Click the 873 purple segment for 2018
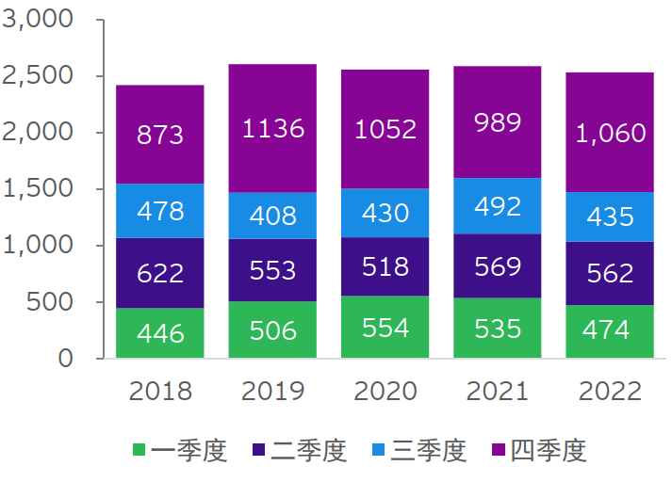pos(159,135)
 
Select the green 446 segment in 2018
pos(159,332)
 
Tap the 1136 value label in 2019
pos(272,128)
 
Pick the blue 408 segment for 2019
pos(272,216)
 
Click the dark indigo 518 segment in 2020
pos(385,266)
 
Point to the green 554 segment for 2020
pos(385,327)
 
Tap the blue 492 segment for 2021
pos(498,206)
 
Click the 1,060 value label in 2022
pos(611,133)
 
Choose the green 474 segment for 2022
pos(611,331)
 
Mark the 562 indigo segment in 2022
pos(611,273)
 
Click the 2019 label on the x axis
pos(272,391)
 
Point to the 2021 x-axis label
pos(498,391)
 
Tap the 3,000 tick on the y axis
pos(39,20)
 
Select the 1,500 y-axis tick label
pos(39,189)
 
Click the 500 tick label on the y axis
pos(48,302)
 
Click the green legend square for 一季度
pos(140,451)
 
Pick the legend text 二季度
pos(309,451)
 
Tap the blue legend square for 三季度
pos(380,451)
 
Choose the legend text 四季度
pos(549,451)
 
